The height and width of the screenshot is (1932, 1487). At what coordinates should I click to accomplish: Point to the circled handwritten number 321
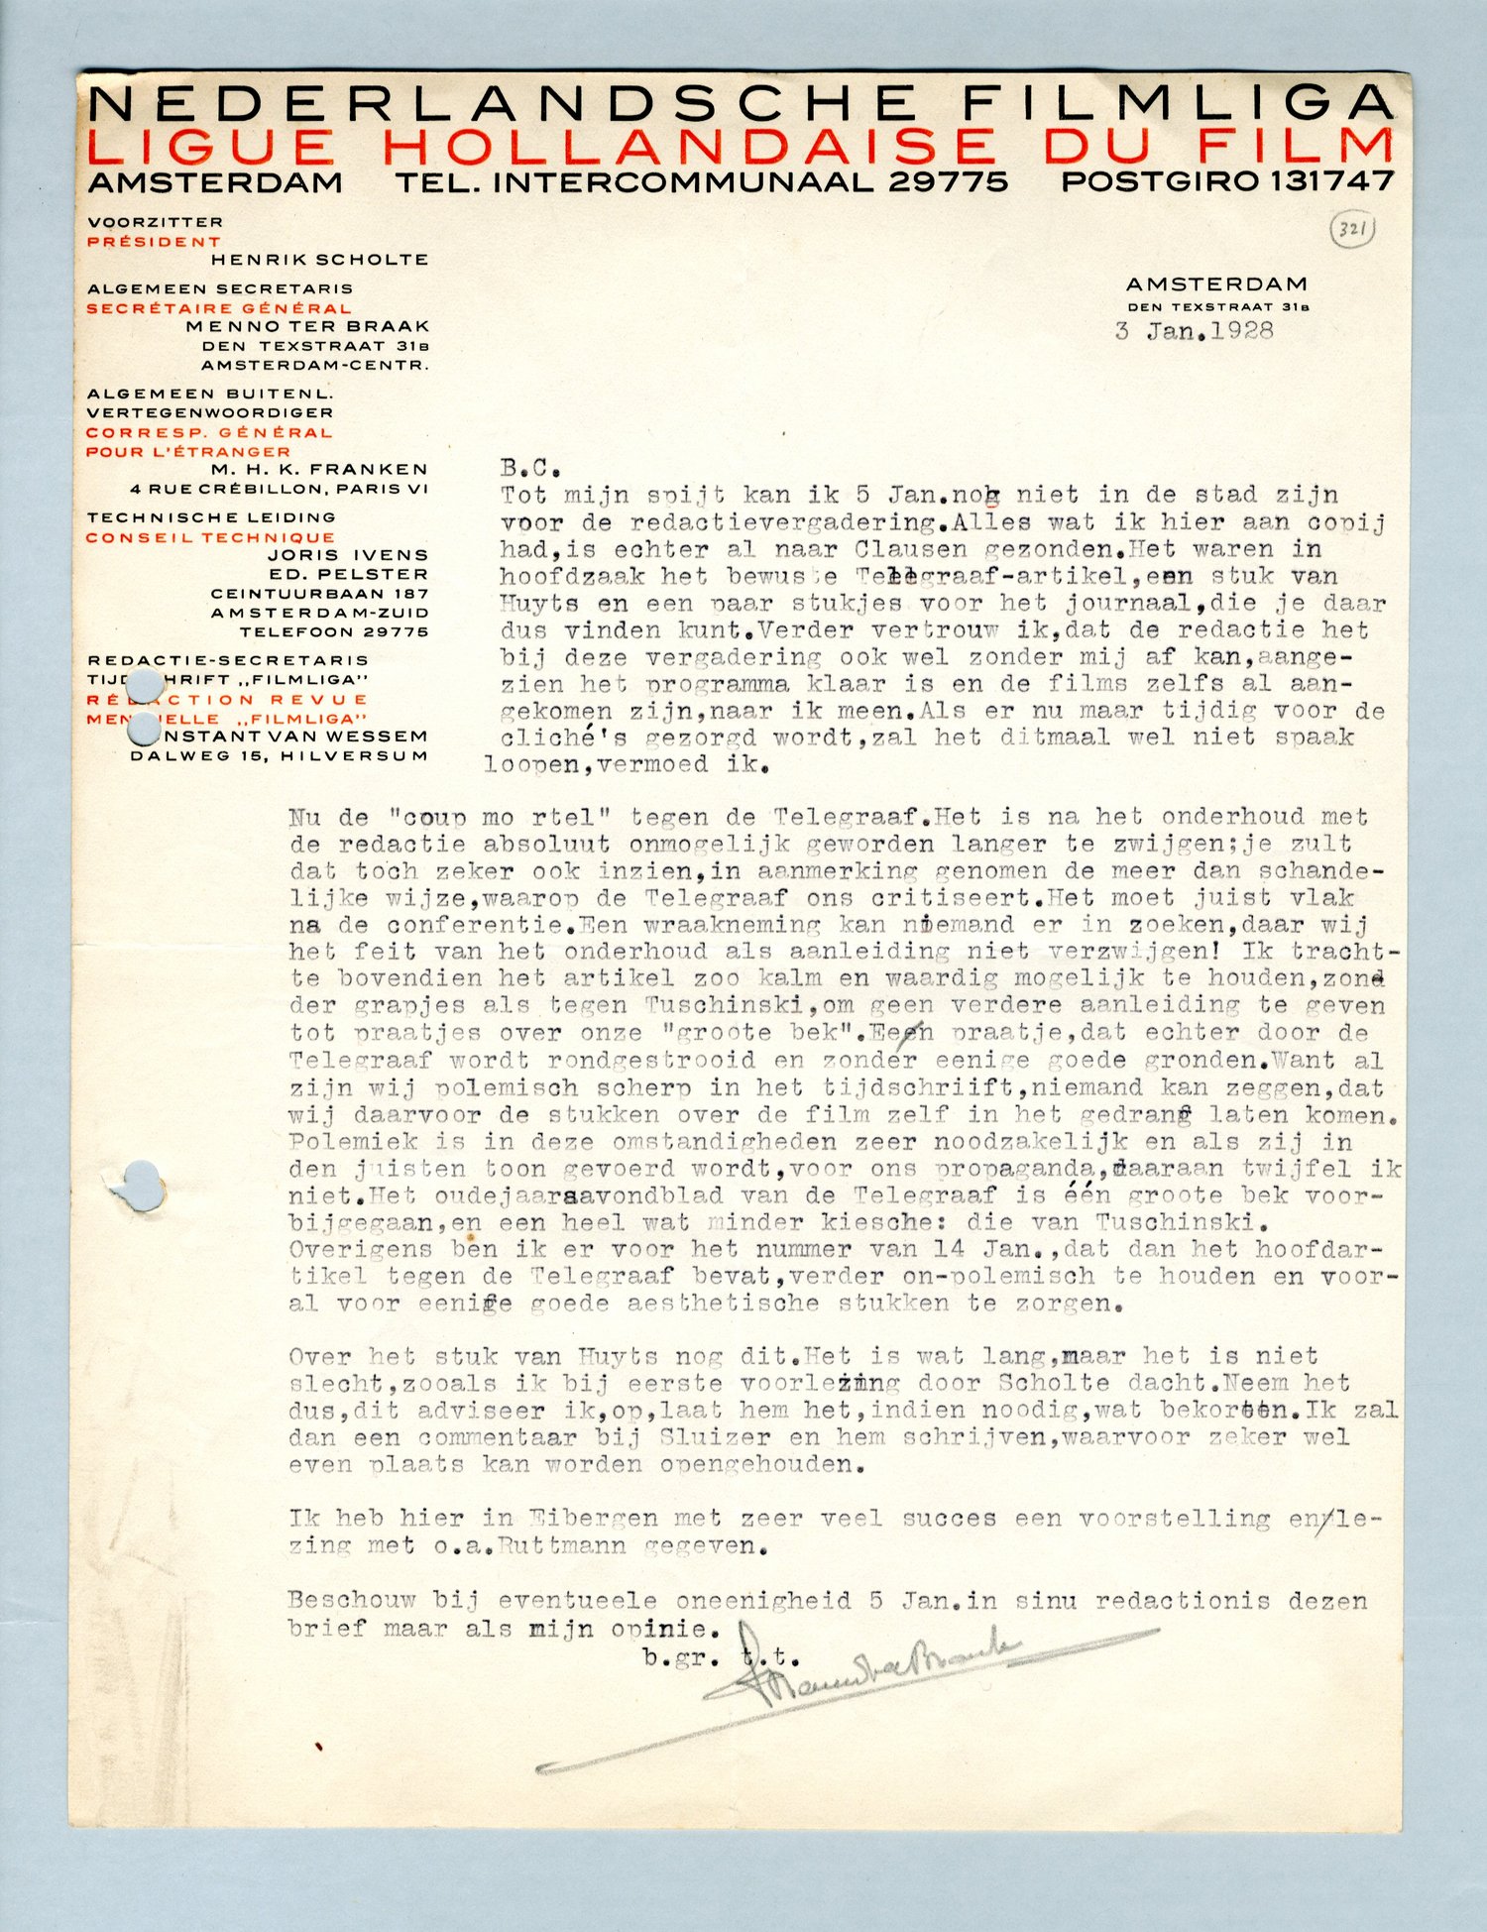click(x=1351, y=231)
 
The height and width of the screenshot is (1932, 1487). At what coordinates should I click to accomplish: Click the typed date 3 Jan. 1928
click(x=1194, y=331)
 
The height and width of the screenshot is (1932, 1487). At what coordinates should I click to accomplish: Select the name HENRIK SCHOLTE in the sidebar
click(x=319, y=260)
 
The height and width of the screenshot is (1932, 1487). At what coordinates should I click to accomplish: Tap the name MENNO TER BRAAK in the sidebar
click(x=307, y=326)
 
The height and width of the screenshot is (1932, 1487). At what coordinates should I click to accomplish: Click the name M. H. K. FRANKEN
click(x=319, y=469)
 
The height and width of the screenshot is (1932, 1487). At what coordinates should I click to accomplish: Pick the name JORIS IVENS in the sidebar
click(x=347, y=555)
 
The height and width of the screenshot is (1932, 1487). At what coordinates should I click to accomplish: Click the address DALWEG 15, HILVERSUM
click(x=280, y=755)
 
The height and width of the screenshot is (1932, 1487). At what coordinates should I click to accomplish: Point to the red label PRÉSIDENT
click(x=154, y=241)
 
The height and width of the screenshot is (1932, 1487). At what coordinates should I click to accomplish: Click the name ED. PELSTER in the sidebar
click(x=348, y=574)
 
